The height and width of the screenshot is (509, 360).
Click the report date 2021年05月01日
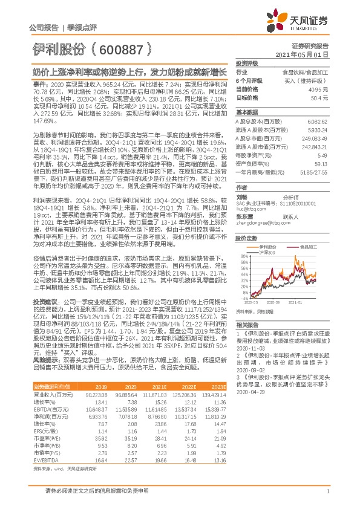[x=310, y=54]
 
